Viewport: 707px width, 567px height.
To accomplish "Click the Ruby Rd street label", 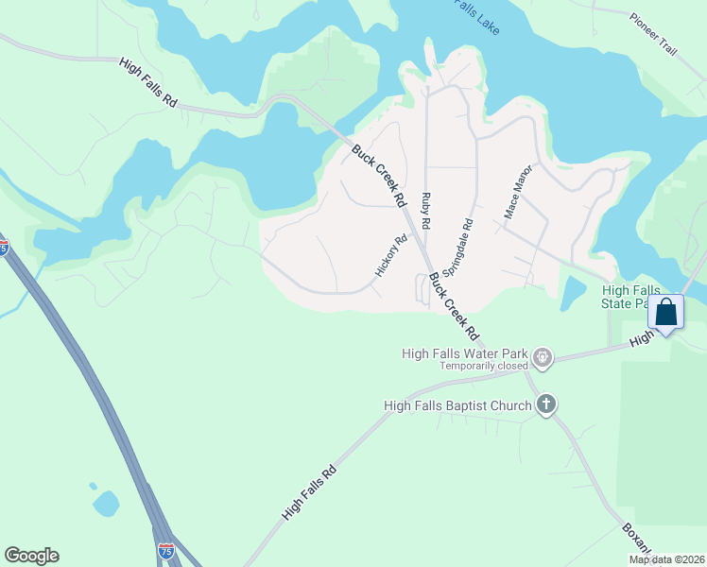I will click(426, 210).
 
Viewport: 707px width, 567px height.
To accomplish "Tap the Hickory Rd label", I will click(390, 255).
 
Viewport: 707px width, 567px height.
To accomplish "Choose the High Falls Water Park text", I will click(464, 353).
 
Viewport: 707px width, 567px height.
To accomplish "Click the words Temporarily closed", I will click(483, 366).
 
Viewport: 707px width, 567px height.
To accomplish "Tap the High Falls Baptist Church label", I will click(457, 405).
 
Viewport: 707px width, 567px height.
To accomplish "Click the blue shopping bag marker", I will click(666, 312).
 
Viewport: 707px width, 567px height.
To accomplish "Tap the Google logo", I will click(31, 555).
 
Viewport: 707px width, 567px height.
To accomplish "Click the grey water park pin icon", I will click(543, 357).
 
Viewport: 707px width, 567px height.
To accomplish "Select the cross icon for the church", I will click(545, 405).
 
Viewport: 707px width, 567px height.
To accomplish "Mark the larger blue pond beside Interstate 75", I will click(106, 503).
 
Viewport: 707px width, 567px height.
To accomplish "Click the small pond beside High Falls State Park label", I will click(573, 294).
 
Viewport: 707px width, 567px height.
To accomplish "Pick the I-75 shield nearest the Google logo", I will click(166, 549).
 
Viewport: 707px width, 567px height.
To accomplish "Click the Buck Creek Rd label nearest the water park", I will click(455, 307).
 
